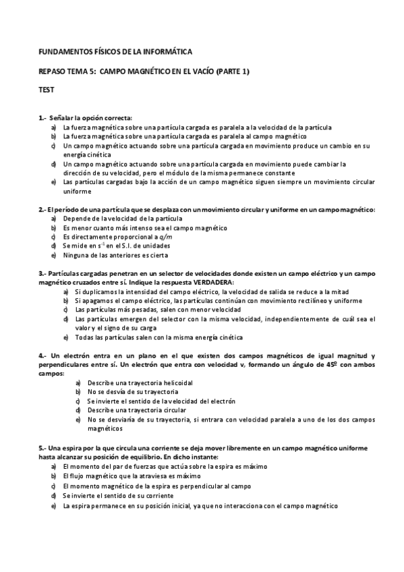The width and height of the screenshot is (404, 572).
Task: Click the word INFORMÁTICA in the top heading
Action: (x=167, y=51)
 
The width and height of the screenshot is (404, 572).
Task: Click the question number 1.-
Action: (x=43, y=118)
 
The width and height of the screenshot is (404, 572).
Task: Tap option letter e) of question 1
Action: (x=53, y=181)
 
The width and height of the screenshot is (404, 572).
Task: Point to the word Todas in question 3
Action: (x=84, y=337)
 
